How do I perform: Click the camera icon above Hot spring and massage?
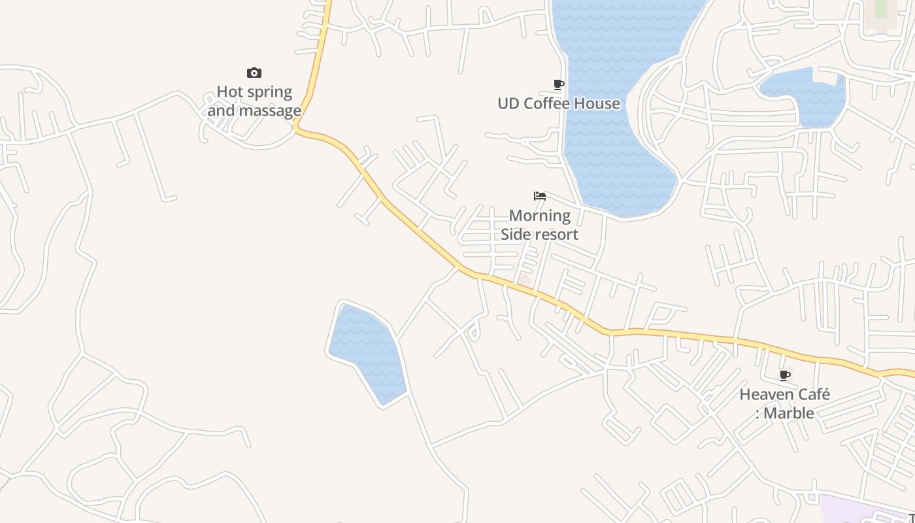(x=254, y=73)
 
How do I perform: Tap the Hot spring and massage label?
(x=254, y=101)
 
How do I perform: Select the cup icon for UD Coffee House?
(x=559, y=84)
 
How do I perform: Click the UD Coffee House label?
(x=559, y=103)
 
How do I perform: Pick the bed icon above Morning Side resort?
(x=540, y=196)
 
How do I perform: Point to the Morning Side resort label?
(x=540, y=225)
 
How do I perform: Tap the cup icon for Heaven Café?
(x=785, y=375)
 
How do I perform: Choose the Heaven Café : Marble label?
(x=785, y=403)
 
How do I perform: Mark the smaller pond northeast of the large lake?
(x=804, y=95)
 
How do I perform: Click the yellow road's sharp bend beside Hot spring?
(x=297, y=127)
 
